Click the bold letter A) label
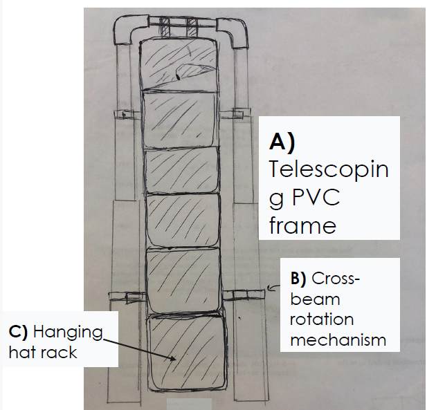coord(282,142)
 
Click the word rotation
coord(322,319)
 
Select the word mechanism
coord(338,339)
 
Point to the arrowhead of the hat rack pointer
coord(172,360)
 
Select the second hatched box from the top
coord(179,118)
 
